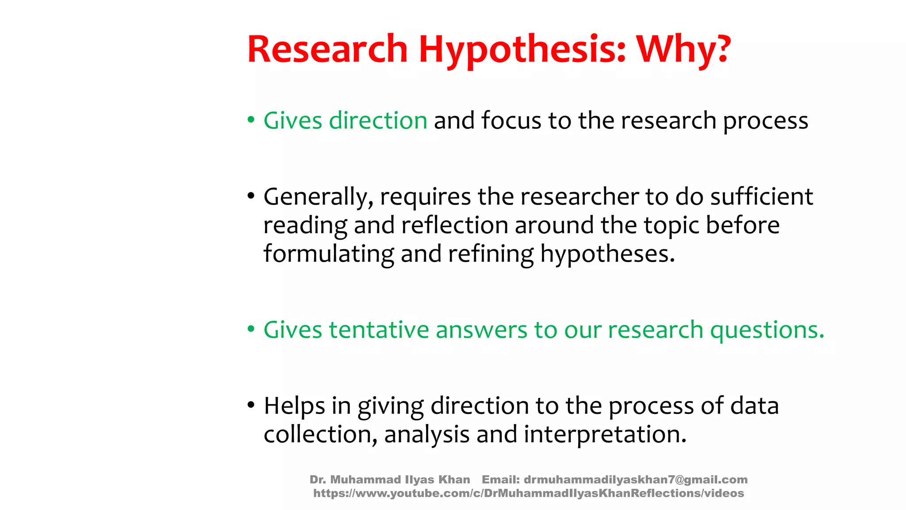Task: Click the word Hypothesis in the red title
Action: point(522,50)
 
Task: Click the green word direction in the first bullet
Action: point(378,120)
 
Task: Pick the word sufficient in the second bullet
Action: point(761,197)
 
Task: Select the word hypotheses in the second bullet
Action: point(607,254)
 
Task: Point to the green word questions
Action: point(767,330)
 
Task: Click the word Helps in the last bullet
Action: point(294,406)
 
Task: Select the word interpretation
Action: point(605,434)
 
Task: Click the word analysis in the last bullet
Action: point(426,434)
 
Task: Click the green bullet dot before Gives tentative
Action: point(251,329)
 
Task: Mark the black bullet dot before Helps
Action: point(251,405)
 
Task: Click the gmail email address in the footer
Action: point(635,479)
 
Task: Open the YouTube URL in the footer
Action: point(529,493)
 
